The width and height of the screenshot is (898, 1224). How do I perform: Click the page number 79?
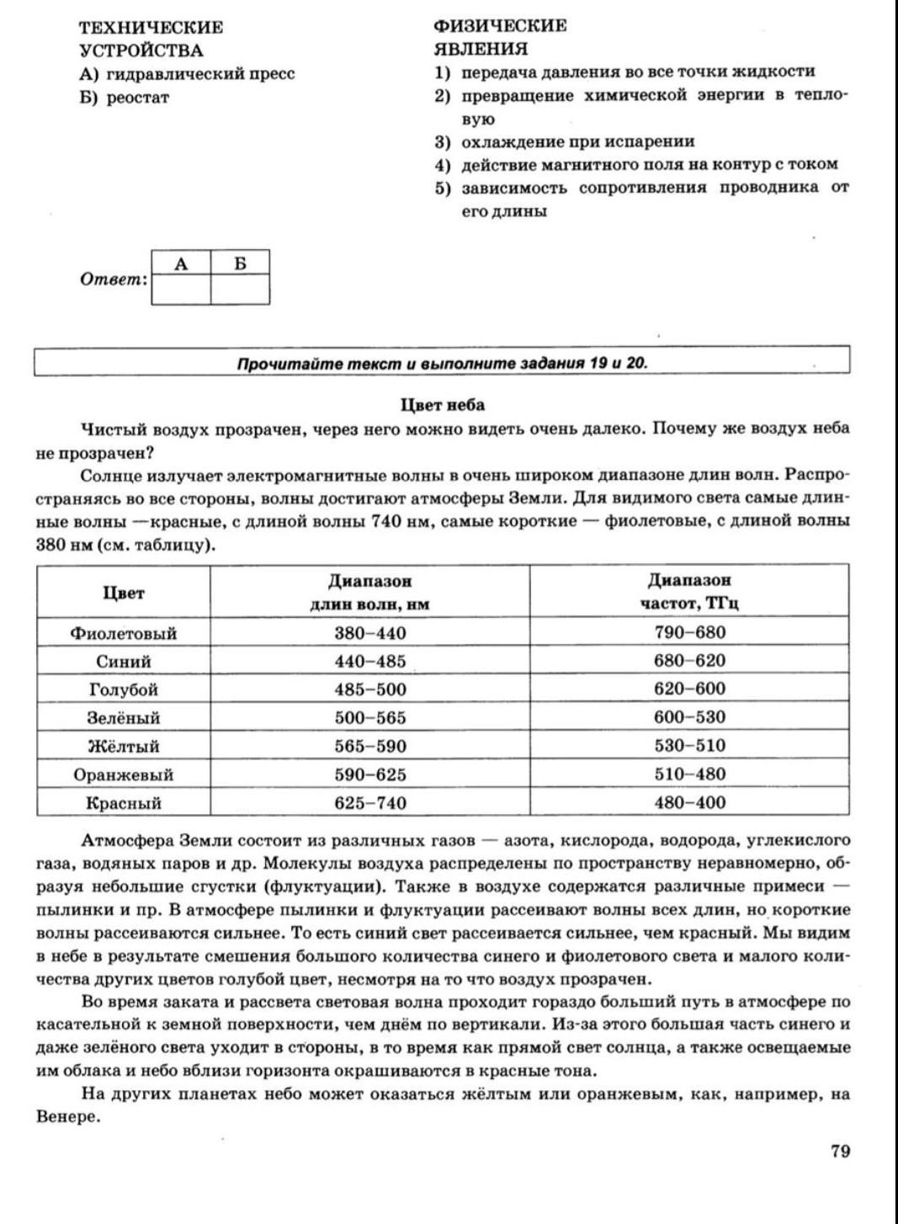(840, 1152)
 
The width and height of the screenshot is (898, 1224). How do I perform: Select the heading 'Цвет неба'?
(443, 405)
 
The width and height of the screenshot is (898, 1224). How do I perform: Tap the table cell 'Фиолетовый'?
(124, 633)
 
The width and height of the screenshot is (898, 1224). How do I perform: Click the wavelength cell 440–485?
(370, 661)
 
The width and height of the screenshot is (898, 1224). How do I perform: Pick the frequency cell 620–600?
(689, 689)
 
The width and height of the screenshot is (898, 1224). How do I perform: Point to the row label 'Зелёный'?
(124, 718)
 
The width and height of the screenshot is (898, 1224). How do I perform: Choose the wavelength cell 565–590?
(370, 746)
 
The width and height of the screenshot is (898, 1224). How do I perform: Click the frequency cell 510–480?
(689, 774)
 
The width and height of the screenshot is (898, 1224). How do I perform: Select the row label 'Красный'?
(124, 803)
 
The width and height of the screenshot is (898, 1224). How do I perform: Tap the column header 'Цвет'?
(124, 593)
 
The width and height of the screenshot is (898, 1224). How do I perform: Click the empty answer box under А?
(181, 290)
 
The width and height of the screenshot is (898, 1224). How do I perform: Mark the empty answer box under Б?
(240, 290)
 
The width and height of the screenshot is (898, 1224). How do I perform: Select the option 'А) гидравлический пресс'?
(187, 74)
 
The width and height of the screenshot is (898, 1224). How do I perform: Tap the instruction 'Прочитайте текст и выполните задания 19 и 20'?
(443, 364)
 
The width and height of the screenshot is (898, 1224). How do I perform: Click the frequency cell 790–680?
(689, 632)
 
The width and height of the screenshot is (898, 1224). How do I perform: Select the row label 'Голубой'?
(124, 689)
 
